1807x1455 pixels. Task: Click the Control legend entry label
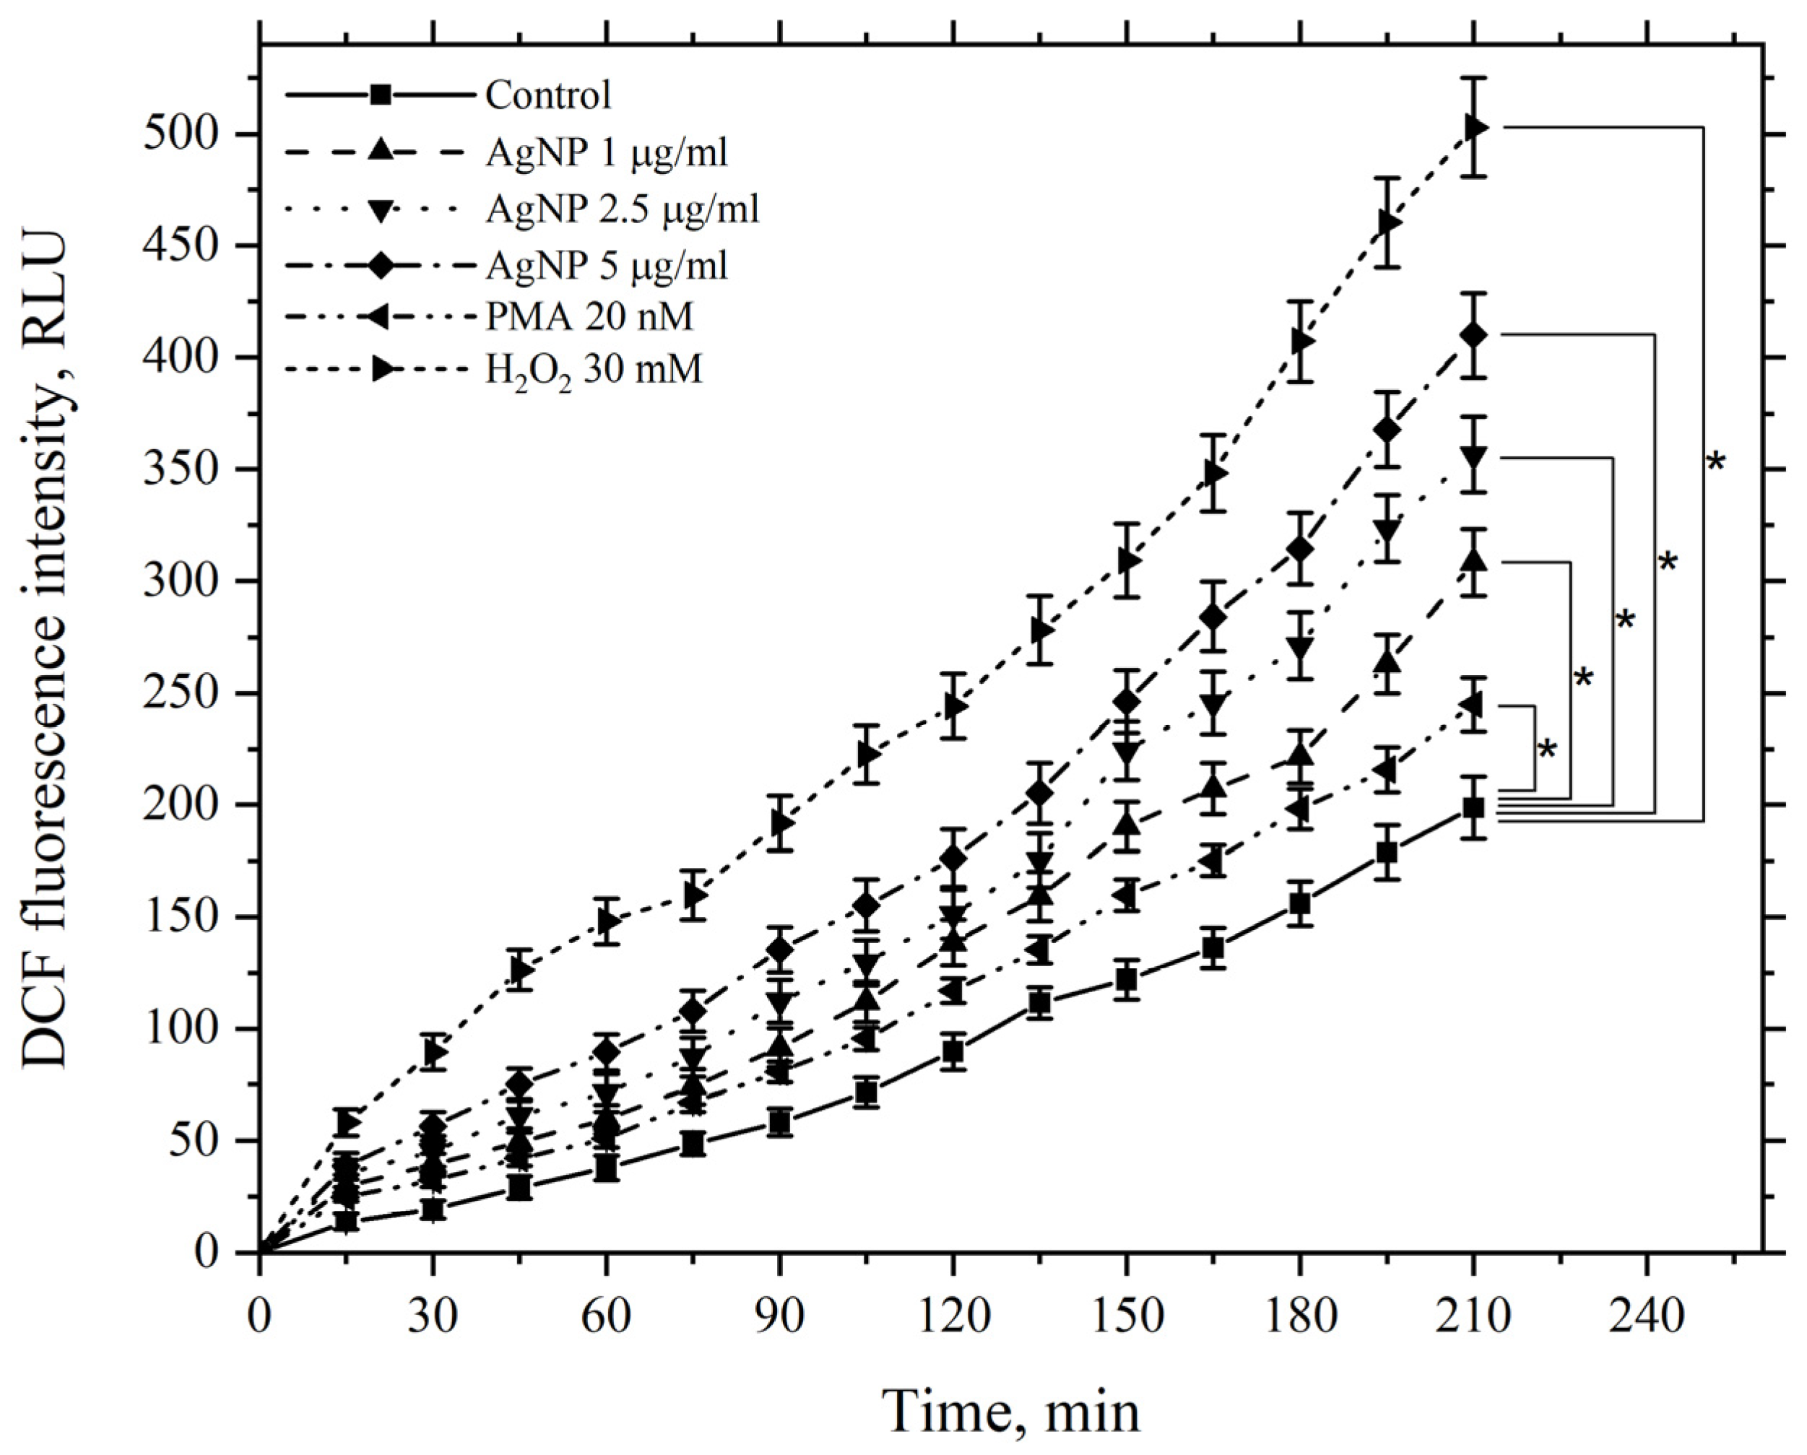(x=548, y=95)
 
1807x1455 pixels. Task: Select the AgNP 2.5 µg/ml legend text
(x=623, y=208)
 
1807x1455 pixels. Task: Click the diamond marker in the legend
(x=381, y=265)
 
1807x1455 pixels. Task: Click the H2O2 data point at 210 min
(x=1477, y=127)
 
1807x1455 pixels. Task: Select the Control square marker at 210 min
(x=1473, y=808)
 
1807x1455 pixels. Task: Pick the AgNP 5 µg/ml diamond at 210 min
(x=1473, y=335)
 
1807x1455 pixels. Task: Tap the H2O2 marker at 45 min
(x=521, y=970)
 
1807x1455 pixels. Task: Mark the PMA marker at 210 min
(x=1472, y=705)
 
